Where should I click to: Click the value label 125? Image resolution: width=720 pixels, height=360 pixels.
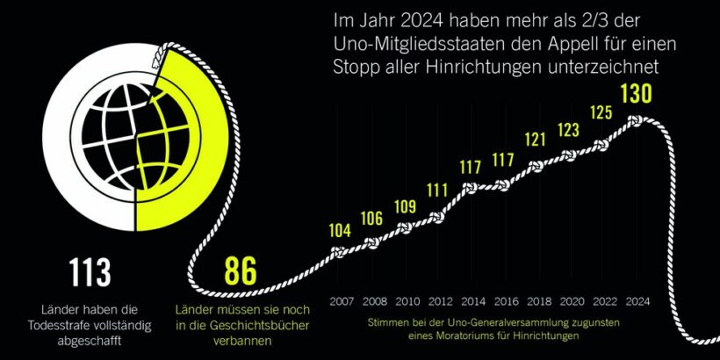pos(602,113)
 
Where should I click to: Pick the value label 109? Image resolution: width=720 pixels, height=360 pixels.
pos(404,207)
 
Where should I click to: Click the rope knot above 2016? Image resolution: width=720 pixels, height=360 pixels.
pos(502,185)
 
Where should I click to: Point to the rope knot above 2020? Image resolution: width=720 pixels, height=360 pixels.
pos(568,155)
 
